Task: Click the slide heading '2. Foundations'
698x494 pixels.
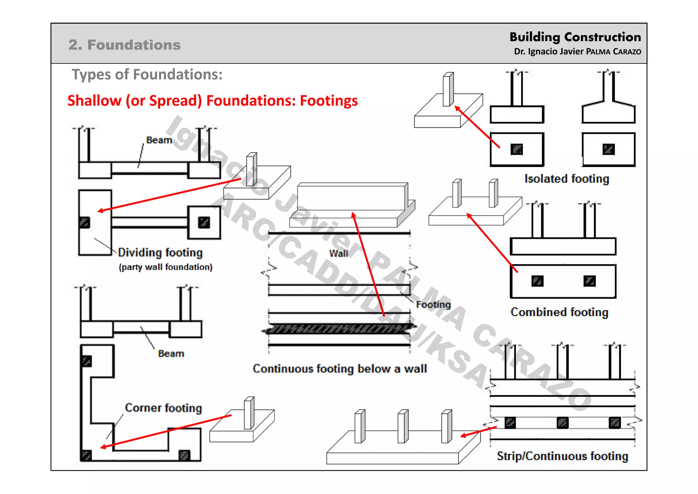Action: (124, 45)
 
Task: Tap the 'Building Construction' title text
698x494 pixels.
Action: (575, 37)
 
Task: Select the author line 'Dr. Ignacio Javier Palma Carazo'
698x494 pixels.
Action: (577, 52)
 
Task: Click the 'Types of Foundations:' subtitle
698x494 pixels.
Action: (147, 74)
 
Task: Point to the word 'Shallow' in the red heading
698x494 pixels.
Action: (94, 101)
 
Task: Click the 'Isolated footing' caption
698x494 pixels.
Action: (566, 178)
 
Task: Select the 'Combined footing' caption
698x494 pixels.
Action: (559, 312)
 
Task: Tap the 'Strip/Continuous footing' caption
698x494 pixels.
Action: (562, 456)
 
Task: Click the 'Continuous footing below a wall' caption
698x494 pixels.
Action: (339, 368)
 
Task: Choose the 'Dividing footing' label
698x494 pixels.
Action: (160, 252)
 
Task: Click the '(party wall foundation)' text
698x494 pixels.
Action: (165, 267)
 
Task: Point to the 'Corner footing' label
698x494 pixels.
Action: (163, 408)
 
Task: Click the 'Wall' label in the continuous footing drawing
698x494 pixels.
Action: (338, 253)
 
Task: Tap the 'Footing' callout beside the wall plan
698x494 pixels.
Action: (433, 304)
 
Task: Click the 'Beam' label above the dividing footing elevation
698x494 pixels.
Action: (159, 140)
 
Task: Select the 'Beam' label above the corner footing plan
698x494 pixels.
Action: (171, 353)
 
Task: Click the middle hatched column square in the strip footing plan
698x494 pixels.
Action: (562, 423)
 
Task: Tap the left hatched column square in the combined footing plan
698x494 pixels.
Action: (537, 281)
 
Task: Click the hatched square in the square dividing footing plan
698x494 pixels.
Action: (204, 222)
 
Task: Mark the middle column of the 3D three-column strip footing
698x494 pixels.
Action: (403, 426)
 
